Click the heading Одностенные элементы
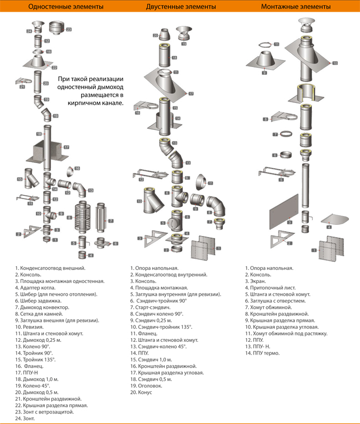tap(66, 6)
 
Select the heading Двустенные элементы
tap(181, 6)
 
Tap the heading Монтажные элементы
tap(295, 6)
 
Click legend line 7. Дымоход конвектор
tap(42, 307)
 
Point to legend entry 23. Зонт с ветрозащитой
tap(44, 412)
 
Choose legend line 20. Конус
tap(141, 392)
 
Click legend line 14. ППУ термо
tap(262, 353)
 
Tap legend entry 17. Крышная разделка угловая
tap(167, 373)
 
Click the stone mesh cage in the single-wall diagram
tap(82, 217)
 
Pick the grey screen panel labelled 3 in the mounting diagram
tap(284, 211)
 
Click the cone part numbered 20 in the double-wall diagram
tap(164, 34)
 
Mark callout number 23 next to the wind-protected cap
tap(69, 29)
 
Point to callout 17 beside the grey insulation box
tap(66, 147)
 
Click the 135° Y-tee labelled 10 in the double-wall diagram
tap(153, 201)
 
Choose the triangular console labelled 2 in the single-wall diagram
tap(32, 231)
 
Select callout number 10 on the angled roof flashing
tap(335, 63)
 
